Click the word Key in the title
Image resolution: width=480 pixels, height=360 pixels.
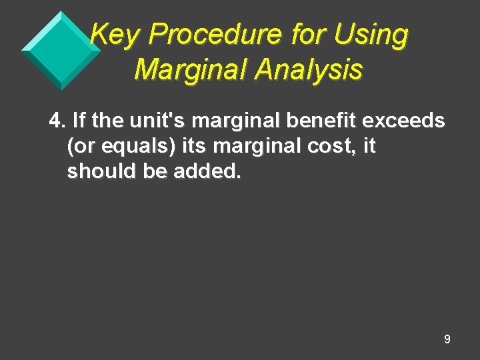[x=112, y=35]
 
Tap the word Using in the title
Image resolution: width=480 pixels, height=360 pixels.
[x=371, y=35]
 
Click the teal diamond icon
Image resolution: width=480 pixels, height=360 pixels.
[x=60, y=49]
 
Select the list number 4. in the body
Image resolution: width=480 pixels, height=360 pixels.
[x=57, y=121]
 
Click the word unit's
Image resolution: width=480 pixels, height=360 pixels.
[x=154, y=121]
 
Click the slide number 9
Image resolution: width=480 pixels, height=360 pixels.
[x=447, y=339]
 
